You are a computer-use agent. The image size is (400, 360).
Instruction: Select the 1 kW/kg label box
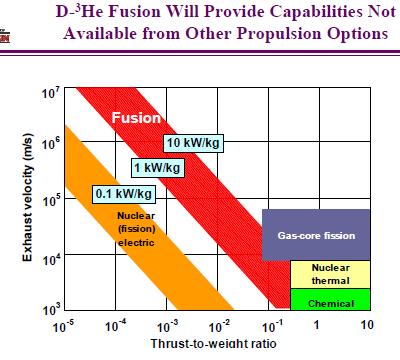(153, 166)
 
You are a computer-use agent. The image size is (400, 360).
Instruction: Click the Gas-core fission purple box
(316, 235)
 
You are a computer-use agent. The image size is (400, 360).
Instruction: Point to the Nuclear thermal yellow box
(330, 274)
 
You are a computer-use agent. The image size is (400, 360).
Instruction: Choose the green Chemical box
(330, 300)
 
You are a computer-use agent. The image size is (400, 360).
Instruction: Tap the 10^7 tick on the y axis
(49, 95)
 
